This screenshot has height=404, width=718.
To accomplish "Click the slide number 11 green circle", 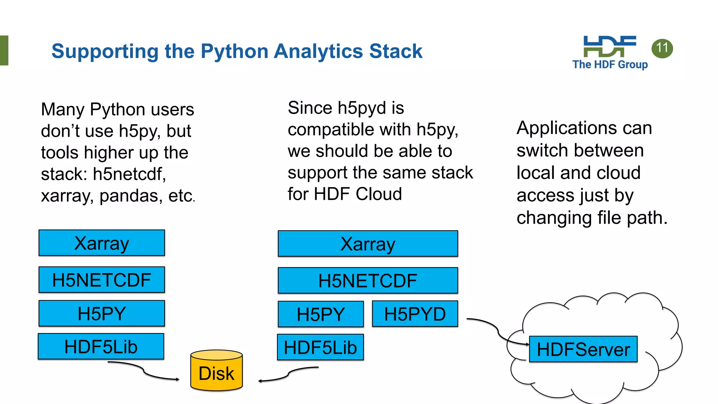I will (662, 48).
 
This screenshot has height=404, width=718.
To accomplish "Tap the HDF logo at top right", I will (610, 46).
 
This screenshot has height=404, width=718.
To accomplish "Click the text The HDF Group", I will (610, 65).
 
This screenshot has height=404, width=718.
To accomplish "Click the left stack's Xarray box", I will (102, 243).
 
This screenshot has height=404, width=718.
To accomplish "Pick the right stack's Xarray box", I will (368, 244).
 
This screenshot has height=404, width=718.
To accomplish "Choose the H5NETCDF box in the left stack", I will (102, 280).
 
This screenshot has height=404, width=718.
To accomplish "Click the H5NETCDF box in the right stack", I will (368, 281).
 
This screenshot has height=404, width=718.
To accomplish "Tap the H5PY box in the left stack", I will (102, 314).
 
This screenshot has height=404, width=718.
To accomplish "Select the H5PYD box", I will (415, 314).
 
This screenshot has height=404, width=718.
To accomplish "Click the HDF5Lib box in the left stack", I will (101, 347).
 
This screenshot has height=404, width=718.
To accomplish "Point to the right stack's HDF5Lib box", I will (320, 348).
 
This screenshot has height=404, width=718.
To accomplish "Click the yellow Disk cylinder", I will (217, 372).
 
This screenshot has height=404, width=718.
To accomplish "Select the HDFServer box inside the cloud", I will (583, 349).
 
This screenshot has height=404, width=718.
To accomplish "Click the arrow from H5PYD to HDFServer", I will (498, 330).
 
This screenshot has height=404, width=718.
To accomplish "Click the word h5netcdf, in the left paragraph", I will (129, 174).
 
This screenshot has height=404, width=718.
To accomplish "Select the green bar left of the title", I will (4, 50).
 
